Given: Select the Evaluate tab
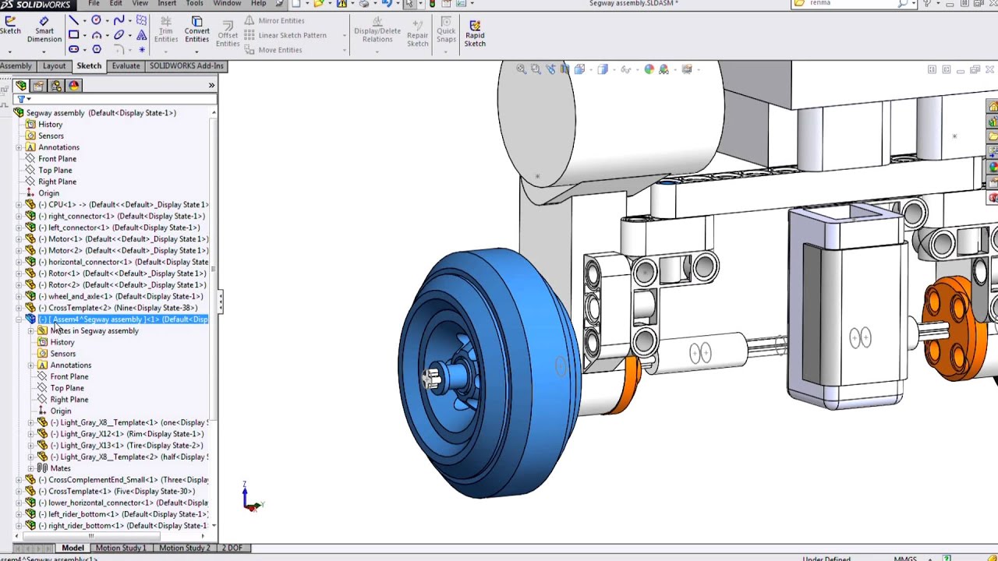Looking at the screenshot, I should click(126, 66).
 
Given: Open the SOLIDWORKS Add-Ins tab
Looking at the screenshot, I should click(186, 66).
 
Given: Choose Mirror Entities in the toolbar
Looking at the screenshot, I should click(281, 21).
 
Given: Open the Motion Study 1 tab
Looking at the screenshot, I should click(120, 548).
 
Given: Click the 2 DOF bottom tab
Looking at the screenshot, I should click(231, 548).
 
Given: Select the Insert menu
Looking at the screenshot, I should click(167, 4).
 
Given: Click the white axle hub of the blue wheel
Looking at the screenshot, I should click(432, 379).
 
